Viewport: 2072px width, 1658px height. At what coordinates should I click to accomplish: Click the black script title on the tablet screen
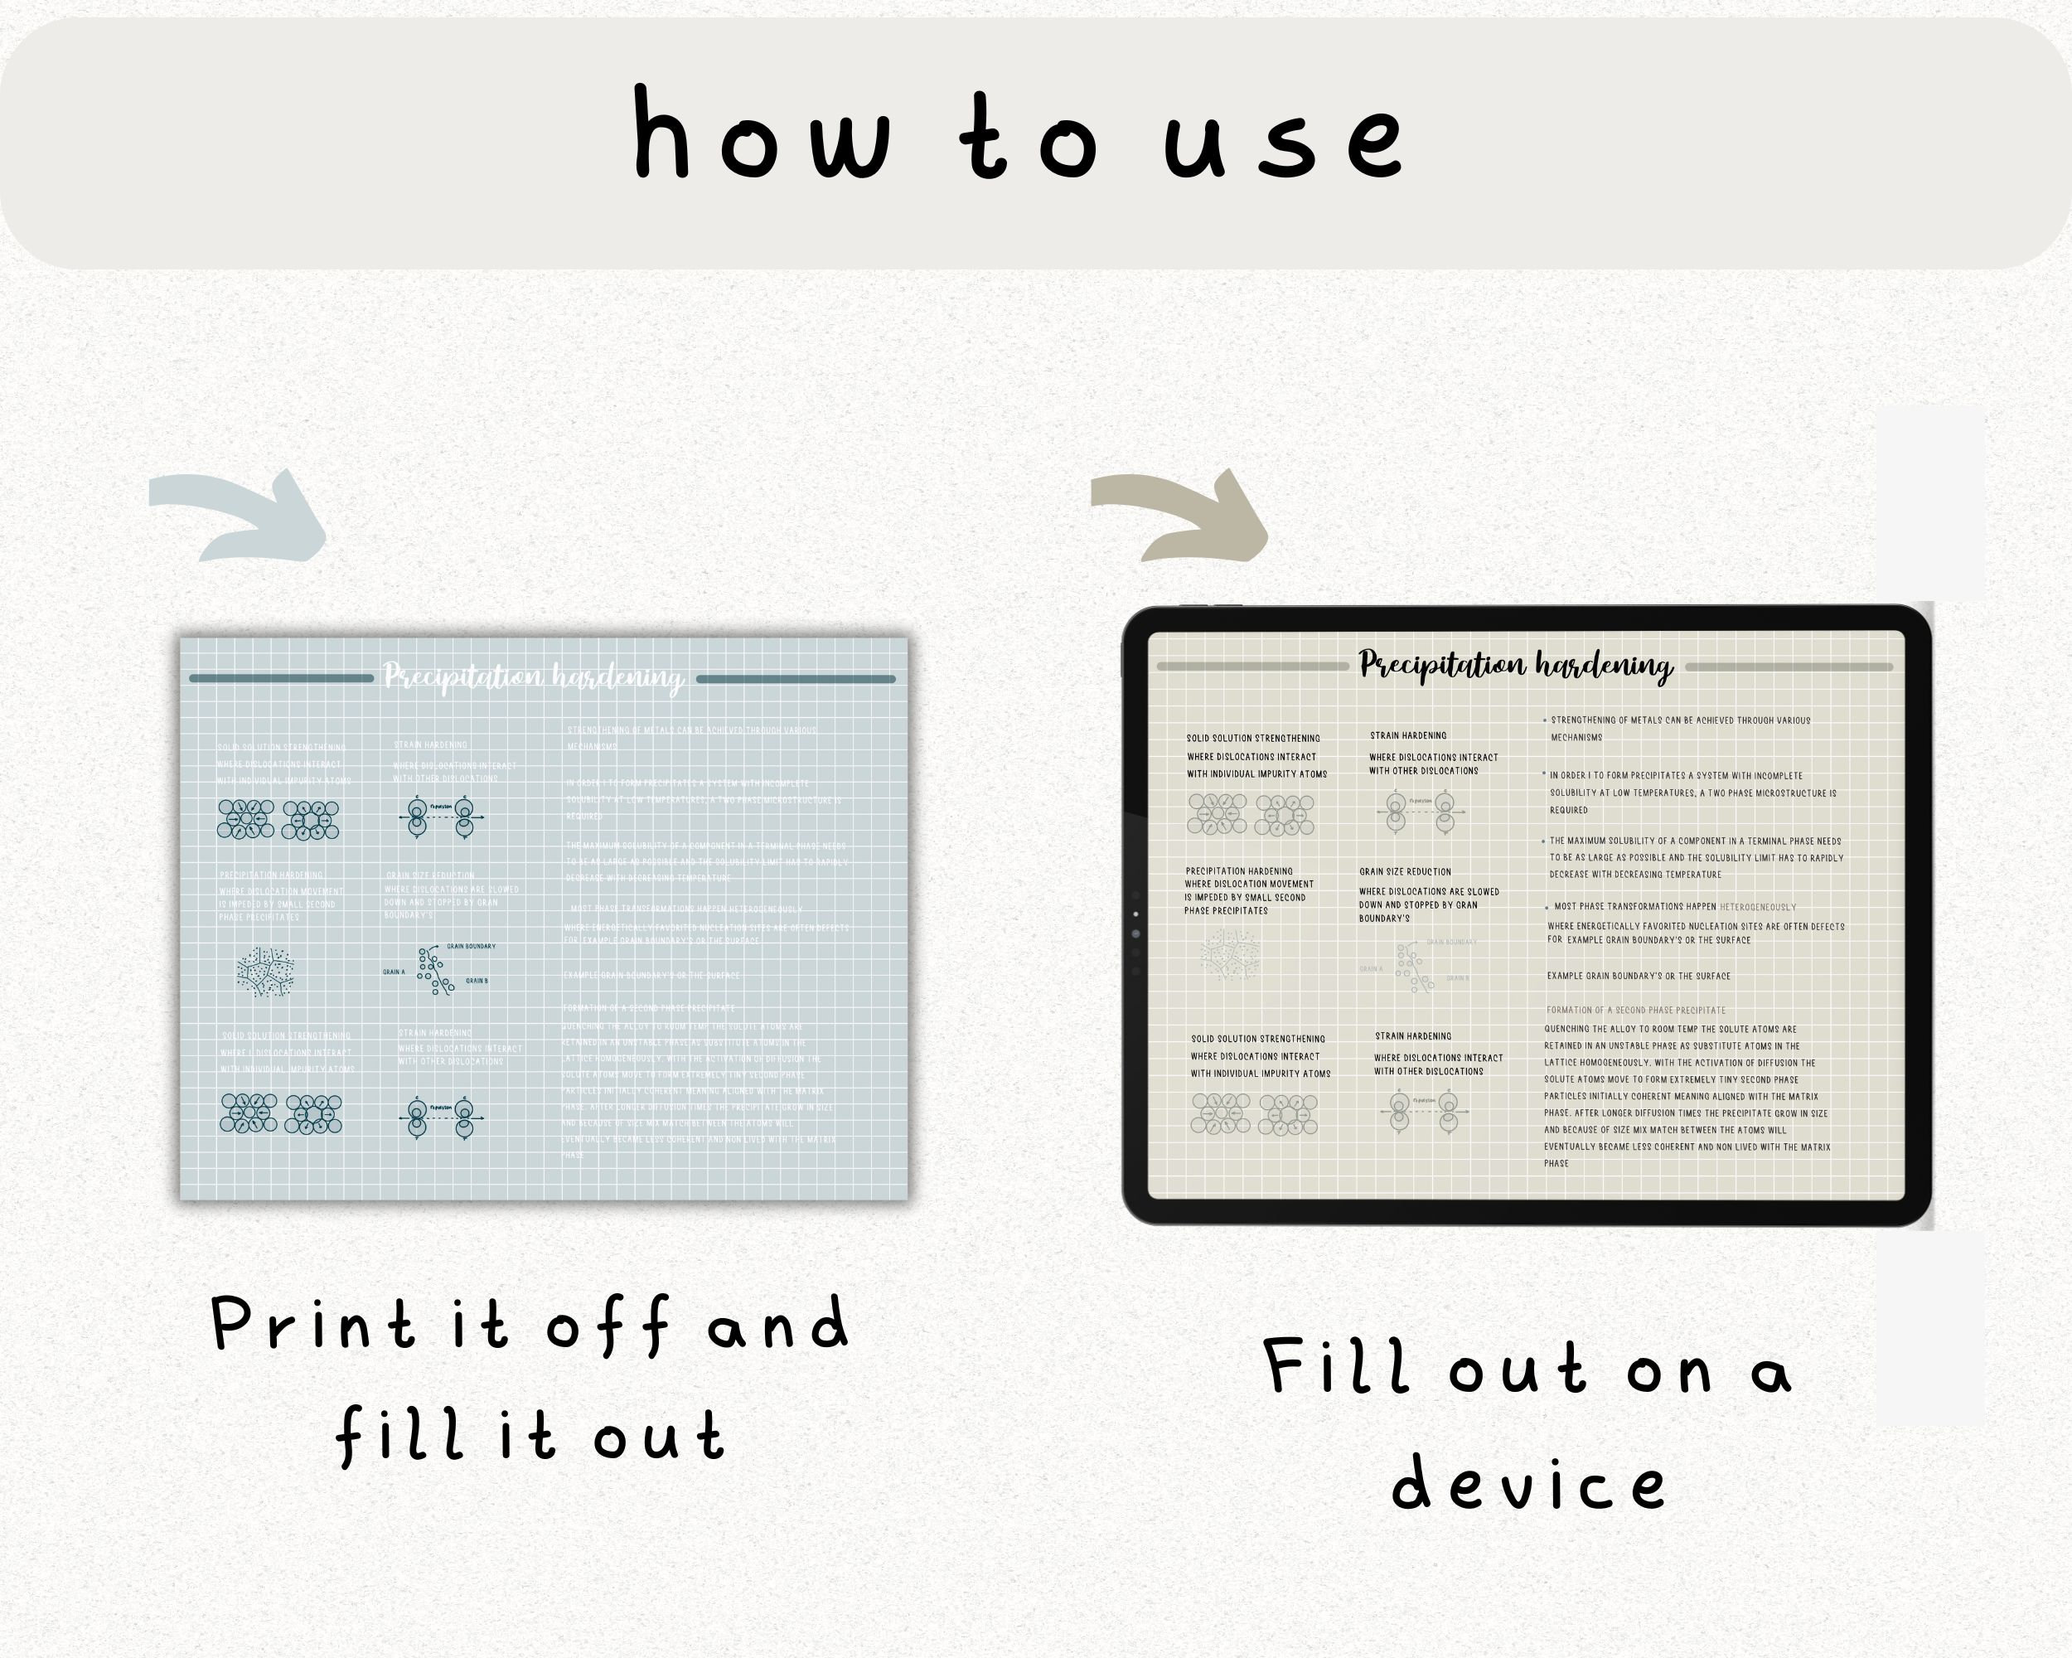coord(1516,665)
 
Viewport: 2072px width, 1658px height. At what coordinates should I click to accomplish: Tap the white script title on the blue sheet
coord(534,677)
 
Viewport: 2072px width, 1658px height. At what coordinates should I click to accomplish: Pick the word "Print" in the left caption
coord(312,1325)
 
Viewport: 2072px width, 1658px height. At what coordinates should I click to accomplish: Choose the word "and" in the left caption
coord(778,1325)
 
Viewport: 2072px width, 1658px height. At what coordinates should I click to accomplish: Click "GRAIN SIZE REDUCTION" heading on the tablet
coord(1405,872)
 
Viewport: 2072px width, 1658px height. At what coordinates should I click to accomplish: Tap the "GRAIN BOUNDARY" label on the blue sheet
coord(471,947)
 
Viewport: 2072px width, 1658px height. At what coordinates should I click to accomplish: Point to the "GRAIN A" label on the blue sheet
coord(394,972)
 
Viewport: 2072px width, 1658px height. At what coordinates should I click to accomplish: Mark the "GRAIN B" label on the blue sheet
coord(477,982)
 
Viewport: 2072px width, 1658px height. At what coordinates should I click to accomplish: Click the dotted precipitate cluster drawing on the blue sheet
coord(265,972)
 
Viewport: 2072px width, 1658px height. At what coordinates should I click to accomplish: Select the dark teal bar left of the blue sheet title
coord(282,679)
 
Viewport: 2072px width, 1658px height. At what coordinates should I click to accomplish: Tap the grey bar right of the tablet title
coord(1789,666)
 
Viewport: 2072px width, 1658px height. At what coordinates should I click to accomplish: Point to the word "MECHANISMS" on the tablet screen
coord(1576,738)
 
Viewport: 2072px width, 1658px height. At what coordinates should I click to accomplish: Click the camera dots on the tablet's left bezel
coord(1136,933)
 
